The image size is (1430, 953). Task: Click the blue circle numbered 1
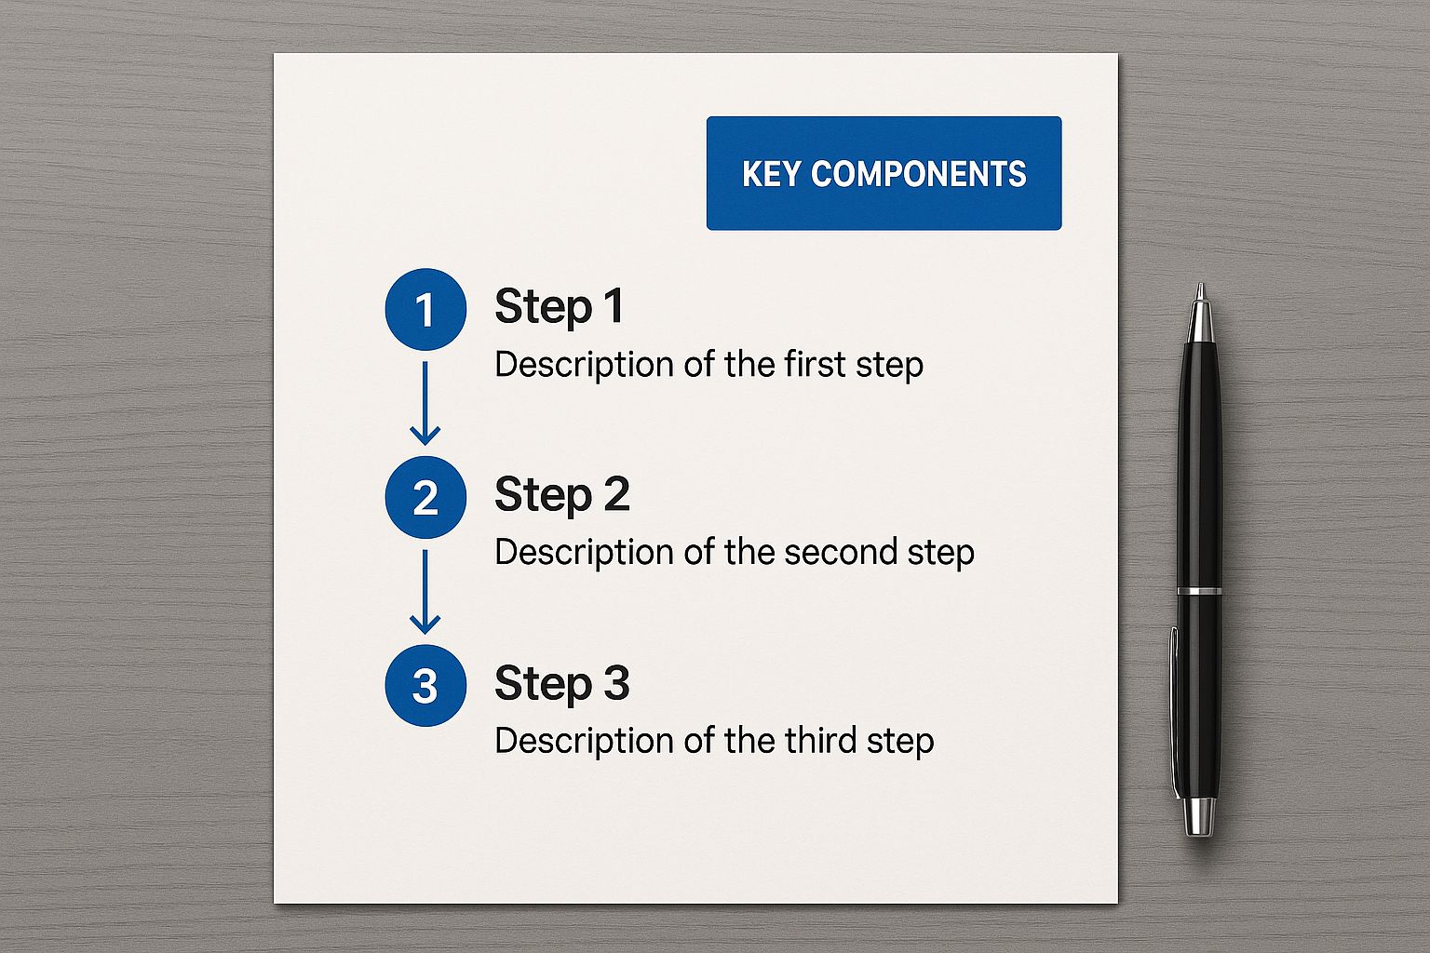pyautogui.click(x=425, y=310)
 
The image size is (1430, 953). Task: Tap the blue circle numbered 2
pyautogui.click(x=425, y=497)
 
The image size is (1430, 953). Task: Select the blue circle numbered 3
pyautogui.click(x=425, y=686)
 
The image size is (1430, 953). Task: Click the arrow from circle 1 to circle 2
pyautogui.click(x=425, y=403)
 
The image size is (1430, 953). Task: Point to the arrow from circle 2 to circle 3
pyautogui.click(x=425, y=592)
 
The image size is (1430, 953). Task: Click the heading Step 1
pyautogui.click(x=560, y=308)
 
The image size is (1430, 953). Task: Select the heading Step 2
pyautogui.click(x=562, y=496)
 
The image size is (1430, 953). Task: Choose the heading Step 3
pyautogui.click(x=562, y=684)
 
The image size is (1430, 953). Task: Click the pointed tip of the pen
pyautogui.click(x=1201, y=286)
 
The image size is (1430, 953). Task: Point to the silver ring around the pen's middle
pyautogui.click(x=1199, y=591)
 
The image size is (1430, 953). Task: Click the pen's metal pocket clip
pyautogui.click(x=1175, y=712)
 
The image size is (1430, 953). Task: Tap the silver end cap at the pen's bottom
pyautogui.click(x=1198, y=816)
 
